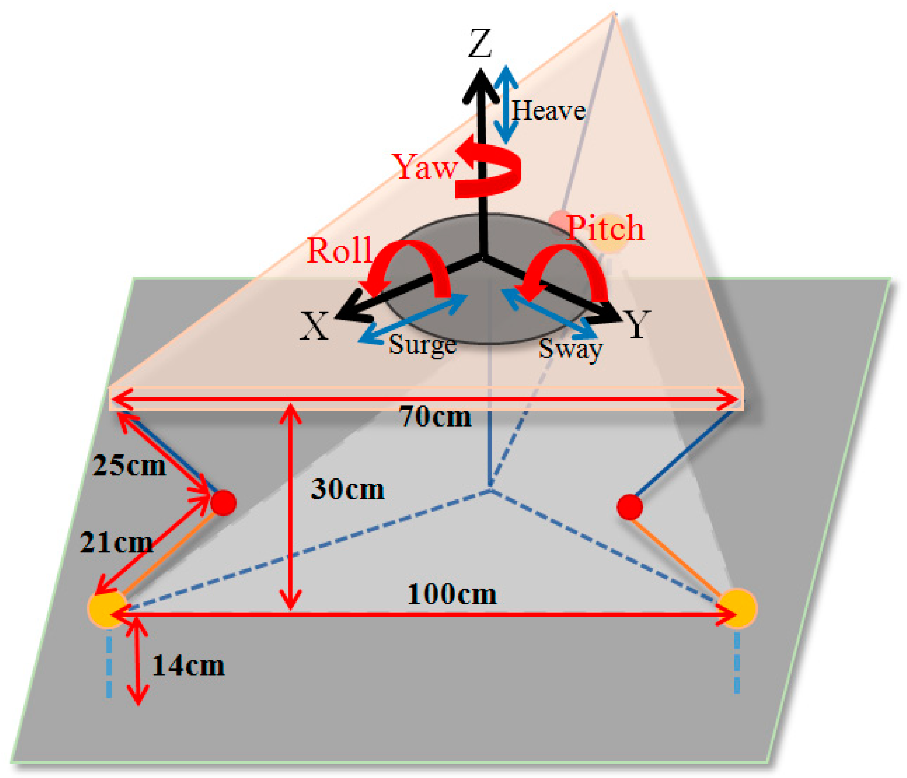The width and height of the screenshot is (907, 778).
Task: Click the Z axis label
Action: (480, 44)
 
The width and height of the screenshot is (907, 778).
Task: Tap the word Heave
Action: (548, 111)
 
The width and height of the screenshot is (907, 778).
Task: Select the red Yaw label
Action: (425, 167)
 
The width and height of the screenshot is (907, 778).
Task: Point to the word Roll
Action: (340, 250)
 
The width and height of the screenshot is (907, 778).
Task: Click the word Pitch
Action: (605, 228)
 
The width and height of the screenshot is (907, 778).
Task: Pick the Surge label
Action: (422, 345)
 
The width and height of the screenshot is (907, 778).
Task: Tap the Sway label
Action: (570, 349)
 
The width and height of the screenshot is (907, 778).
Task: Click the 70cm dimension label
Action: (435, 417)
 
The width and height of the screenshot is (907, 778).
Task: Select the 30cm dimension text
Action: (348, 489)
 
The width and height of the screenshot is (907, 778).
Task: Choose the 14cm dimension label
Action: (188, 666)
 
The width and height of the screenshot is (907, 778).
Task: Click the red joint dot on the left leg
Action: (223, 503)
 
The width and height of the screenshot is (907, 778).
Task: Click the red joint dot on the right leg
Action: (629, 507)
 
